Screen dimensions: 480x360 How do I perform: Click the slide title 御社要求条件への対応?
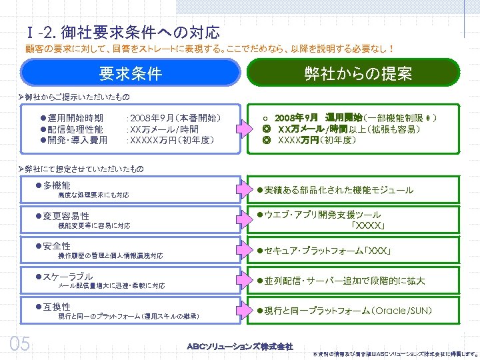(139, 32)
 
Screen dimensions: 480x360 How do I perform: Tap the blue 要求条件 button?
(131, 73)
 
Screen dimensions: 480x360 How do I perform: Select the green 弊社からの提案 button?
(358, 73)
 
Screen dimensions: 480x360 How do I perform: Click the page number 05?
(19, 343)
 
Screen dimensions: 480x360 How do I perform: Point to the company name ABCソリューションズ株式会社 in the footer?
(240, 346)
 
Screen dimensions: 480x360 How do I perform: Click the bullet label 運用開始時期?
(75, 118)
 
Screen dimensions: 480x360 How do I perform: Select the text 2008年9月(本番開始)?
(174, 118)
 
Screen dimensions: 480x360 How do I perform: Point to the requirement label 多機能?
(57, 185)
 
